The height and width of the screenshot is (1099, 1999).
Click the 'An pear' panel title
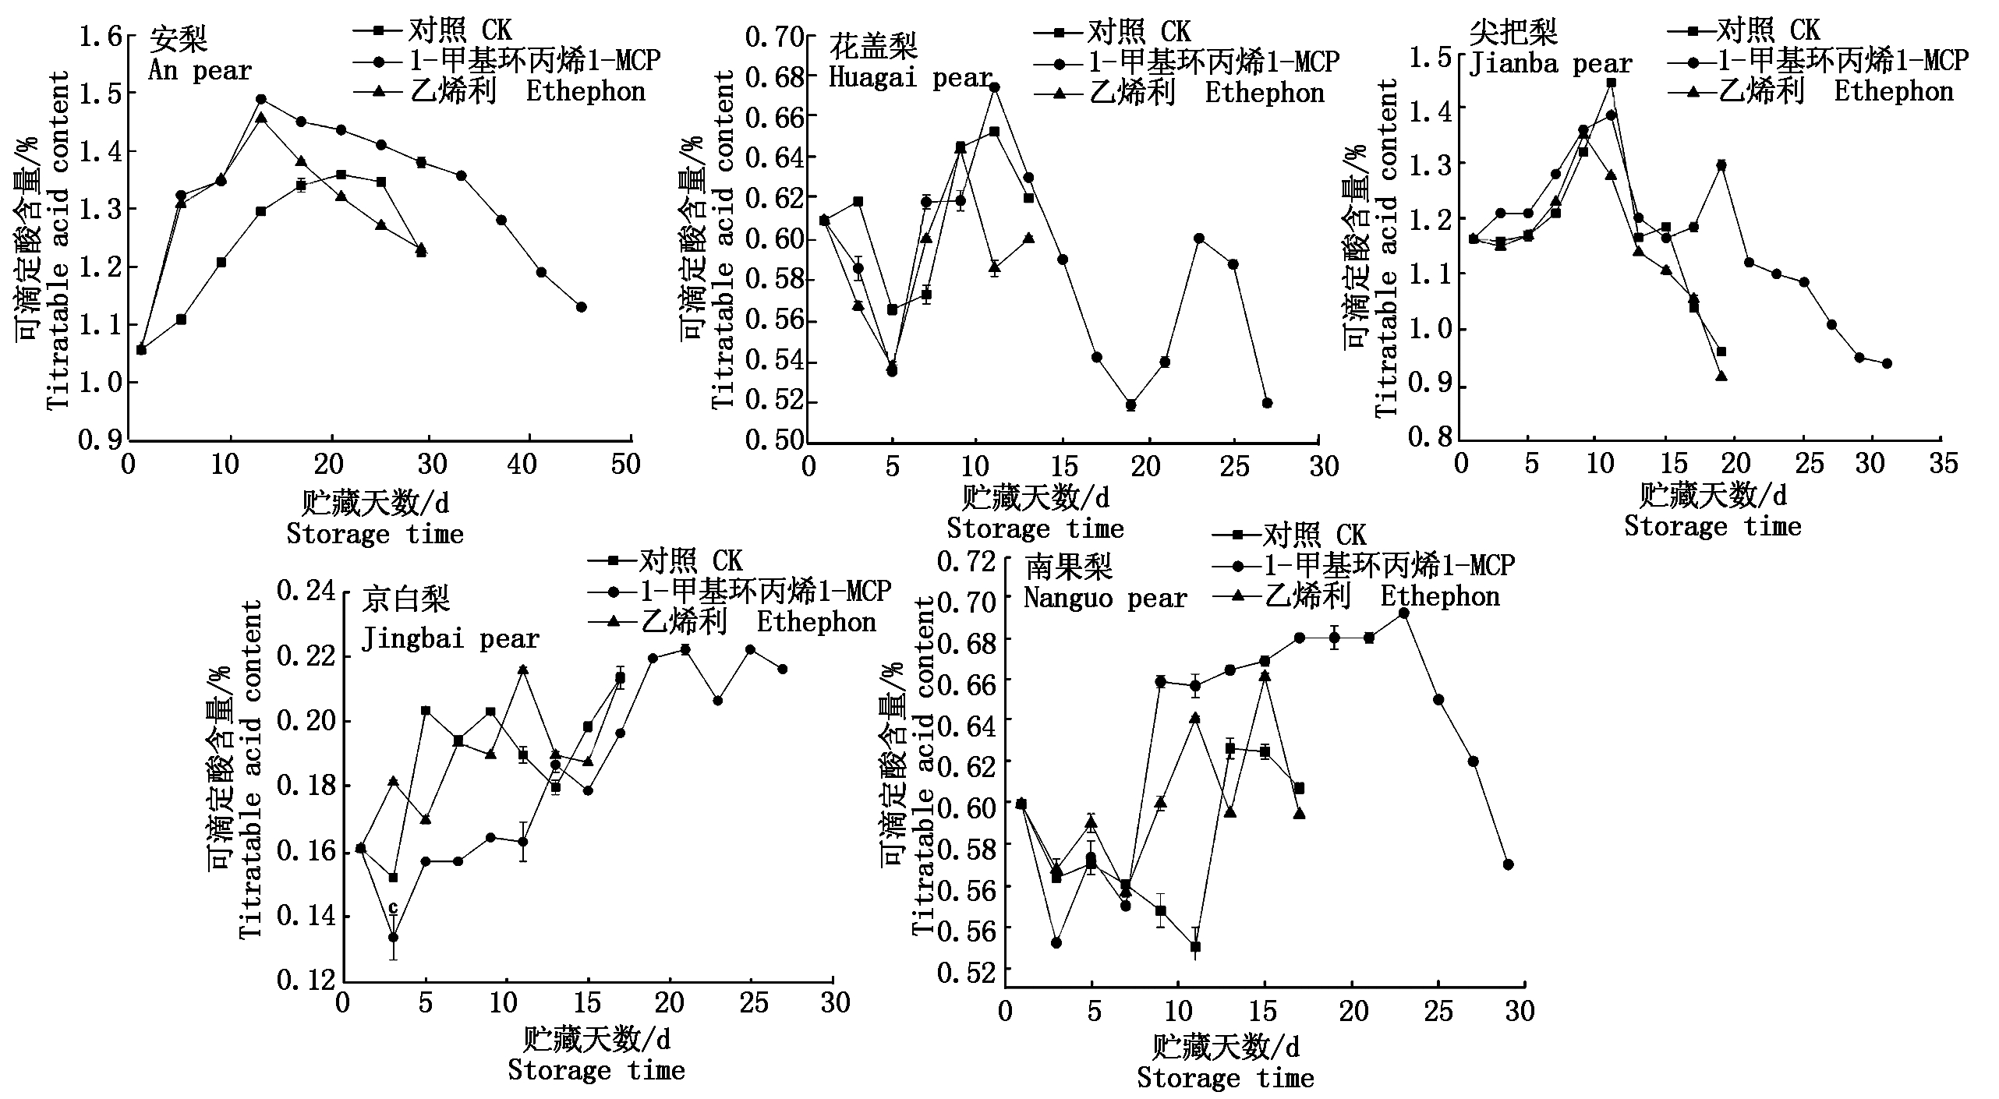point(200,71)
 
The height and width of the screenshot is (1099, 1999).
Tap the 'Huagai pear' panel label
point(910,77)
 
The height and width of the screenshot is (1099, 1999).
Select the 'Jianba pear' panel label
point(1549,64)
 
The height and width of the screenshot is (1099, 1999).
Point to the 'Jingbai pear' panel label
point(450,639)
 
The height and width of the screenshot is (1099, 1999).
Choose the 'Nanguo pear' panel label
point(1105,598)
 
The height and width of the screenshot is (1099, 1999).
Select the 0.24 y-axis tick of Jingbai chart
point(306,591)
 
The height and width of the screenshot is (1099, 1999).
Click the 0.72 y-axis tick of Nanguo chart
point(968,560)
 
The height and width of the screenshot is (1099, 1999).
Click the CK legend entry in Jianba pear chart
point(1745,30)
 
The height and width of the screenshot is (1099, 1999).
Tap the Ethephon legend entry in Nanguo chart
point(1357,597)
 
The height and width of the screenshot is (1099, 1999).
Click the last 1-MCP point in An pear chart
point(581,307)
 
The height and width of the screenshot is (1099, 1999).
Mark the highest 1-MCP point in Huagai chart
point(994,87)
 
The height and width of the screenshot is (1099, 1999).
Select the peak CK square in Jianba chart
point(1611,83)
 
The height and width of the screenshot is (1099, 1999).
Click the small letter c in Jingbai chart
point(393,907)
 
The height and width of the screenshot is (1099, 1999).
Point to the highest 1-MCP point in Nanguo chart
point(1403,613)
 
